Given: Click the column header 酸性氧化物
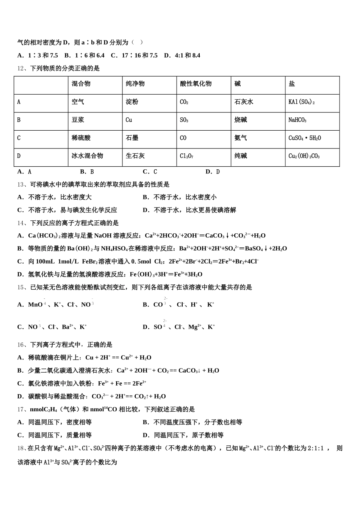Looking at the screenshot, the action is point(196,84).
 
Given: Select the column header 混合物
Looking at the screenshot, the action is point(81,84).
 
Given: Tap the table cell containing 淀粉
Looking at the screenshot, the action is point(132,102).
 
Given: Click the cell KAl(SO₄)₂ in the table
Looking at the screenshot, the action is point(301,102).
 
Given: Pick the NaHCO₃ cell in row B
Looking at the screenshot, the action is point(297,120).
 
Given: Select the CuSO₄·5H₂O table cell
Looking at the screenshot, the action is point(304,138).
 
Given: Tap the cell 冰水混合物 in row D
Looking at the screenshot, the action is point(87,156).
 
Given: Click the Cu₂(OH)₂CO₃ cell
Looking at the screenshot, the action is point(304,156).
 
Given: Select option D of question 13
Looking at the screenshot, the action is point(189,210).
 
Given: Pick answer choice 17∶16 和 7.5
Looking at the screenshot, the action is point(134,56).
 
